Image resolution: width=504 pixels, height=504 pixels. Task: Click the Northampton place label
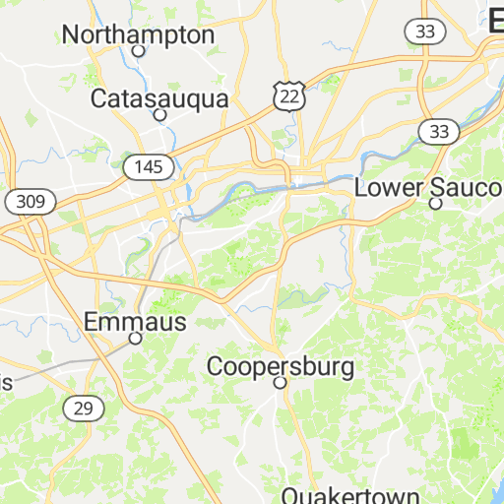(x=138, y=34)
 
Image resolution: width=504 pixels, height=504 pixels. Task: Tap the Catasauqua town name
(x=159, y=98)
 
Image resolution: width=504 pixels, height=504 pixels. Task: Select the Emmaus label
(x=134, y=321)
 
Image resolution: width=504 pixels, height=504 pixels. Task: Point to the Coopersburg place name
(x=280, y=366)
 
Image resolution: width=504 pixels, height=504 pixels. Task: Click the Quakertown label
(x=350, y=495)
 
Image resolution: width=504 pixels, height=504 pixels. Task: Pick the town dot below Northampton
(x=139, y=51)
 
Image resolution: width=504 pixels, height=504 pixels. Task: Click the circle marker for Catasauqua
(x=159, y=114)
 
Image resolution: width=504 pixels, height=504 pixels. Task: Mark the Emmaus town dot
(x=135, y=338)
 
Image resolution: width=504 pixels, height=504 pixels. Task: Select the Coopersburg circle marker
(x=280, y=382)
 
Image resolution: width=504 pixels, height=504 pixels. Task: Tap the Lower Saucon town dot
(x=435, y=204)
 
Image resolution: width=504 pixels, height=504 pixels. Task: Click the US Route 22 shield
(x=289, y=94)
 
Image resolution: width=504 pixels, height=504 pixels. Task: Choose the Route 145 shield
(x=149, y=166)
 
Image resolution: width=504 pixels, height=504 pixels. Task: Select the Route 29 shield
(x=82, y=407)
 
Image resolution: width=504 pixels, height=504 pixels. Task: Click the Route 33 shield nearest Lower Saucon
(x=438, y=131)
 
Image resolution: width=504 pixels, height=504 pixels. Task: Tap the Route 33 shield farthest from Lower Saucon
(x=425, y=31)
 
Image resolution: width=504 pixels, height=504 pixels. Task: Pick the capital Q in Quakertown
(x=291, y=495)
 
